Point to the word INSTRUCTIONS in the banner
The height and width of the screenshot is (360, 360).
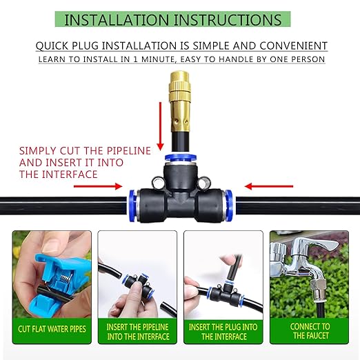pyautogui.click(x=226, y=19)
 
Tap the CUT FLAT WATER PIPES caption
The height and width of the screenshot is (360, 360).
pyautogui.click(x=52, y=329)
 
